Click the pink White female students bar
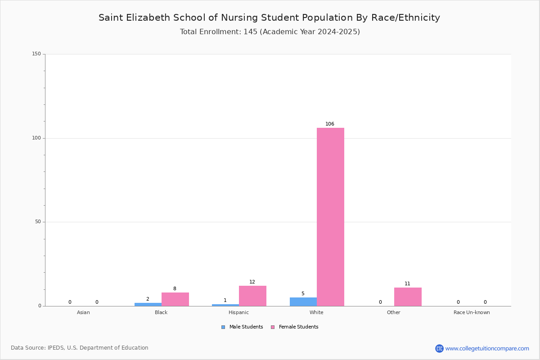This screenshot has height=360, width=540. point(330,217)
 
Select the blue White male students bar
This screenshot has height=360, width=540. point(303,302)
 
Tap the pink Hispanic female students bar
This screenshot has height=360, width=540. point(252,296)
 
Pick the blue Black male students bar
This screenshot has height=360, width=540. point(148,305)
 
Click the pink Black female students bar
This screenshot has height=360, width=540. point(175,299)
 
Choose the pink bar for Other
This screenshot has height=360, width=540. point(408,297)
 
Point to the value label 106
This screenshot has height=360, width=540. point(330,124)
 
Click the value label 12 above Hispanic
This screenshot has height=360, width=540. point(252,282)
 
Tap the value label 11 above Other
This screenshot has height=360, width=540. point(407,283)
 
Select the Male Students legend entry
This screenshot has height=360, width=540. point(242,327)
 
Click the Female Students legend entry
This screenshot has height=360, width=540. point(295,327)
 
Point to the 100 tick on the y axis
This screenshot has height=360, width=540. point(36,138)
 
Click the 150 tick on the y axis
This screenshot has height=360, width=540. point(36,54)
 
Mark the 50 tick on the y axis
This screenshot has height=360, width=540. point(38,222)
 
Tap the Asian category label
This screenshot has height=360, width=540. point(83,312)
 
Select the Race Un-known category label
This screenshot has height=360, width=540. point(472,312)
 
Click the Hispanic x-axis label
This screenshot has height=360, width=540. point(238,312)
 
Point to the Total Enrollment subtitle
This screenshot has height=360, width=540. point(270,32)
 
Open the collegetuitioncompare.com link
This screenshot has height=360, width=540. point(487,348)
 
